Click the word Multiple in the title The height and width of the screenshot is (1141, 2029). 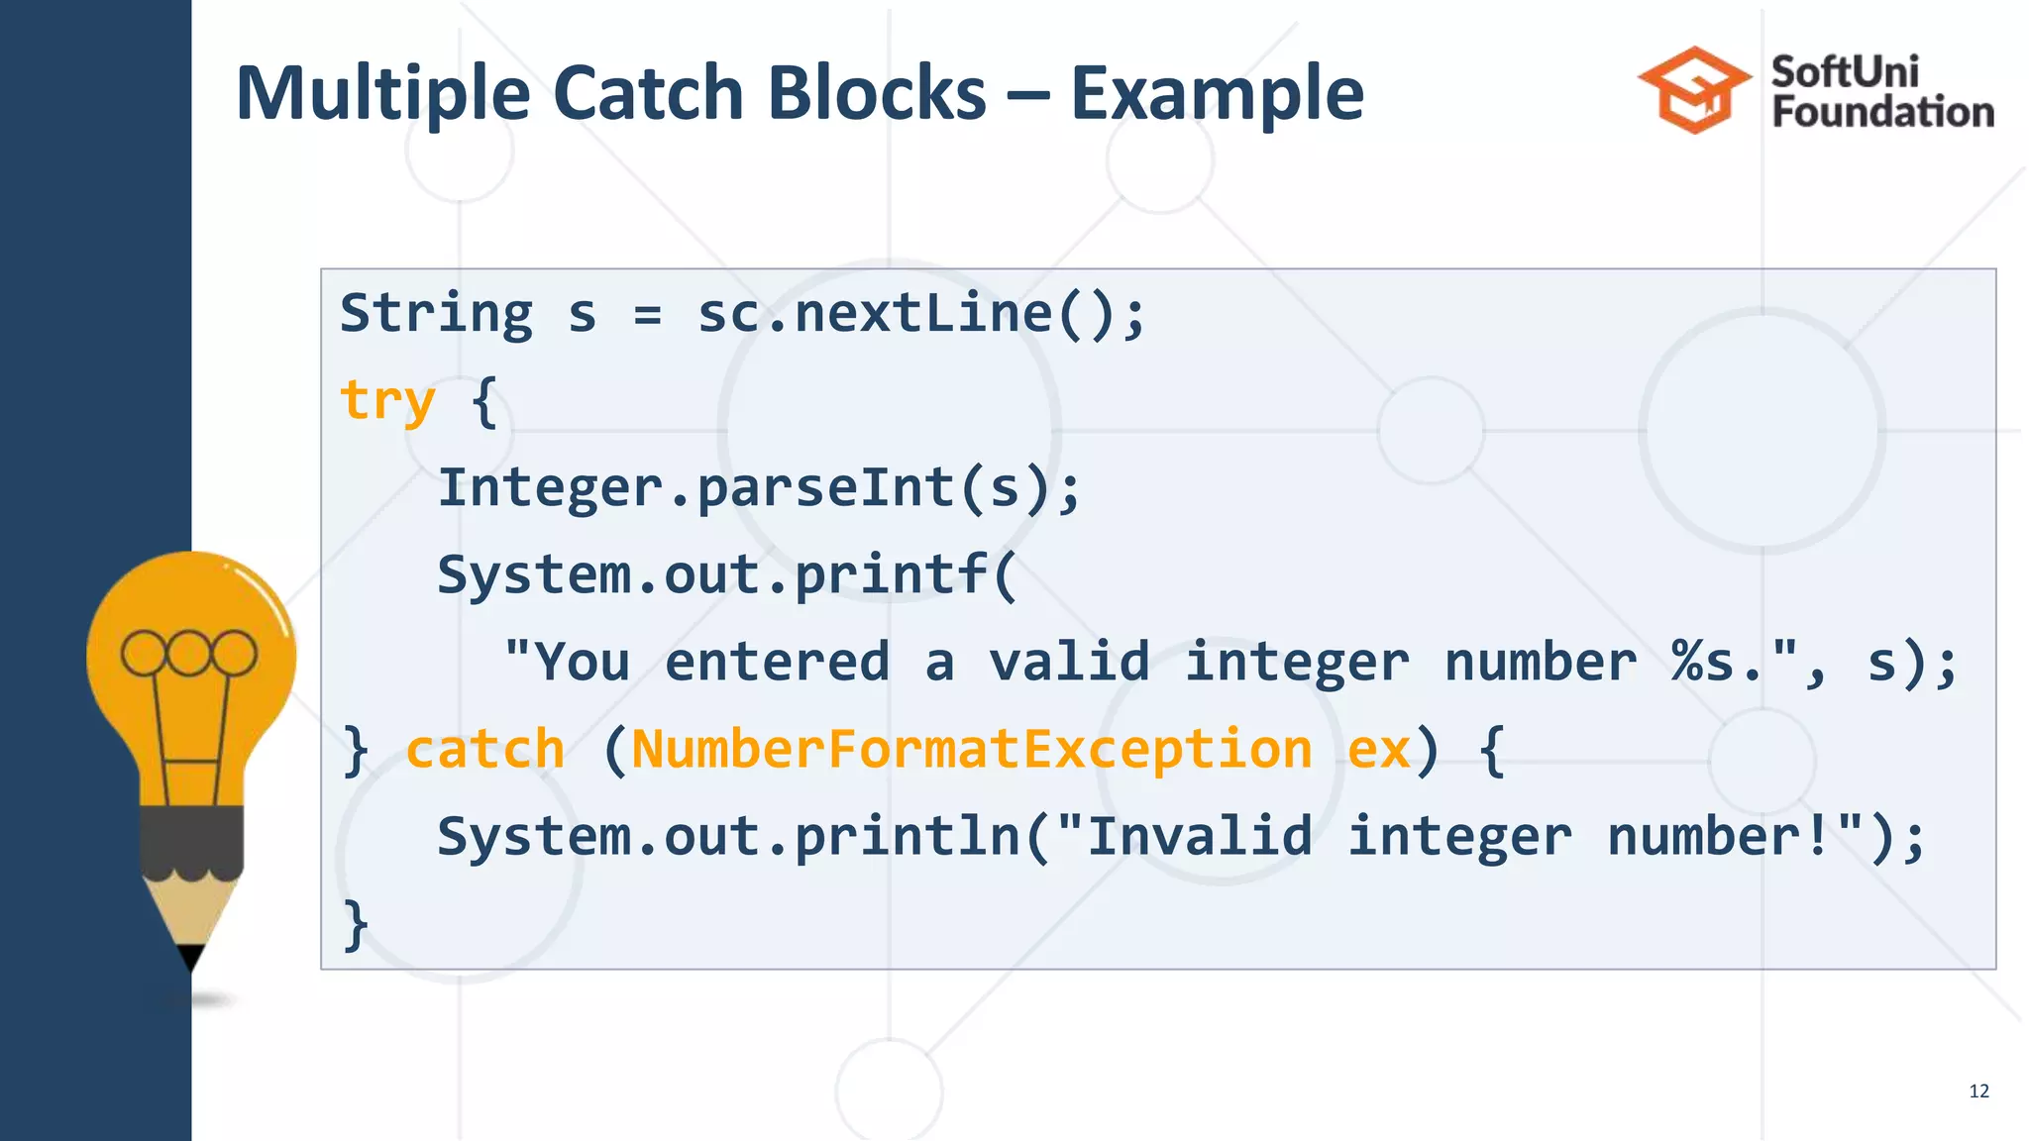click(383, 94)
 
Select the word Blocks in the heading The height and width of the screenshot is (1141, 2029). click(877, 94)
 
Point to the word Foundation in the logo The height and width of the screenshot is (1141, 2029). click(1882, 112)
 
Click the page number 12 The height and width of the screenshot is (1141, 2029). click(1978, 1091)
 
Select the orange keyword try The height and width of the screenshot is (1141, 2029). click(387, 401)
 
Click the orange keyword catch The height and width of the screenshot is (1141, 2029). click(484, 750)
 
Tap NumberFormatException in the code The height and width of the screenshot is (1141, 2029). click(971, 750)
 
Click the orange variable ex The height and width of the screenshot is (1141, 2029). click(1378, 750)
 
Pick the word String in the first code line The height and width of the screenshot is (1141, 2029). click(436, 314)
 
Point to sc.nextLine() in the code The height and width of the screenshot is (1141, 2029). click(921, 314)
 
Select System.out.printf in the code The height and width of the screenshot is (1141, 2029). click(713, 575)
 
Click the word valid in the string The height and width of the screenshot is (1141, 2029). click(1069, 663)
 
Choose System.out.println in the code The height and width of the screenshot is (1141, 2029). click(728, 837)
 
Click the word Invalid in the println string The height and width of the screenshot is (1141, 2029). click(1199, 837)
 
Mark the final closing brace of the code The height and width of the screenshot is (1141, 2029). click(355, 924)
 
